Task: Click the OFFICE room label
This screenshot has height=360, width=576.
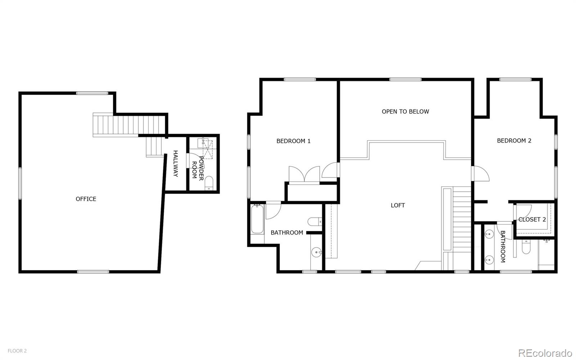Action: [x=86, y=199]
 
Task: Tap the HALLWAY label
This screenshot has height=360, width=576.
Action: [x=176, y=163]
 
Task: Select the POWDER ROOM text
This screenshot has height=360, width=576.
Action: [x=198, y=168]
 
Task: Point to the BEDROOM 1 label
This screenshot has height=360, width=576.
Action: [x=293, y=141]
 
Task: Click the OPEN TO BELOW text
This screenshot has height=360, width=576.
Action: [x=405, y=111]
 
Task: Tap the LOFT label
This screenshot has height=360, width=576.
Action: [x=397, y=205]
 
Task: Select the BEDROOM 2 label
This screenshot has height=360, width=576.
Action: [x=514, y=140]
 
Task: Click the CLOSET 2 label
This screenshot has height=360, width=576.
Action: [x=532, y=219]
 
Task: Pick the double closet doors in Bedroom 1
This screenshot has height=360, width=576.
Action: [x=304, y=175]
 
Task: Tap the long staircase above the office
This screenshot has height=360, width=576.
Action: [x=130, y=125]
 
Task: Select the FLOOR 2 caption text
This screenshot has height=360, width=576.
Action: [x=17, y=351]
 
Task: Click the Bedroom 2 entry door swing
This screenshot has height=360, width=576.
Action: [x=480, y=174]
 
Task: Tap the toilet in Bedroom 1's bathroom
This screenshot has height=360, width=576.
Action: [x=315, y=221]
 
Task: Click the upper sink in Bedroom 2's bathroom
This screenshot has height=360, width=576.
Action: [x=489, y=234]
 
